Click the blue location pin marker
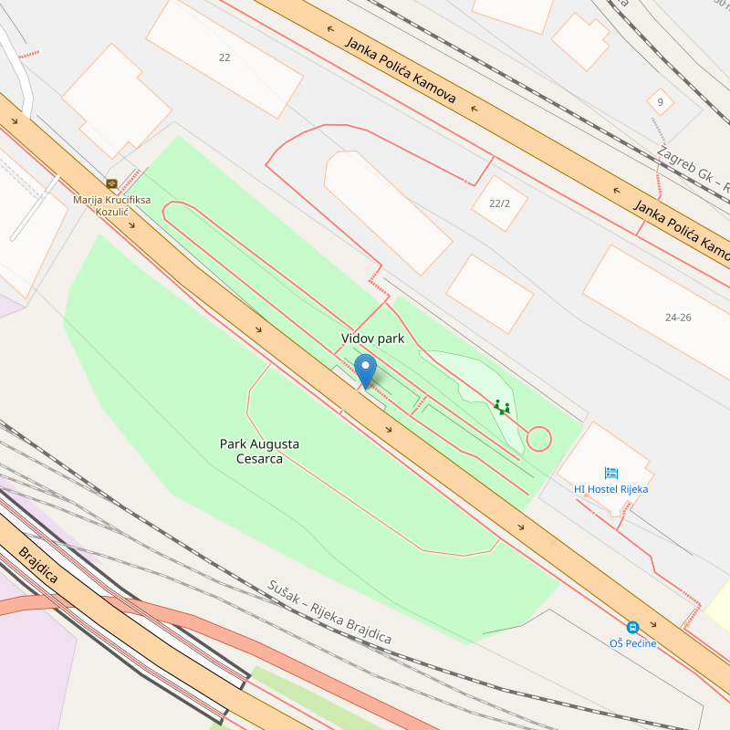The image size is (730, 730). (365, 370)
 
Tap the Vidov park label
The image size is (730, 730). (372, 339)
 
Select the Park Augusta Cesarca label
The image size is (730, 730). (259, 452)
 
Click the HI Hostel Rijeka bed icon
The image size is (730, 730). (611, 473)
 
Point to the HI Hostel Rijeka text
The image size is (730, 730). (611, 489)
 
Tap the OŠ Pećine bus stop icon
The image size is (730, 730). (631, 627)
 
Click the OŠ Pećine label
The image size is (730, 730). (632, 643)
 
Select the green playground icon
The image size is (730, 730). (501, 406)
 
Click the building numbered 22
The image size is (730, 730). (224, 57)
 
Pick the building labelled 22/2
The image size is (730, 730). (499, 203)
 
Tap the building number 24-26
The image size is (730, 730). (678, 318)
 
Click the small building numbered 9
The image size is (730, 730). (660, 101)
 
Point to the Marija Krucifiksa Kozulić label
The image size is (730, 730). (113, 205)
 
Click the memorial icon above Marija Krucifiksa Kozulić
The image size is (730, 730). (112, 183)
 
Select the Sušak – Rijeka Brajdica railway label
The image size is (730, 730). (329, 612)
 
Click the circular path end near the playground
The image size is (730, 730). (538, 439)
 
